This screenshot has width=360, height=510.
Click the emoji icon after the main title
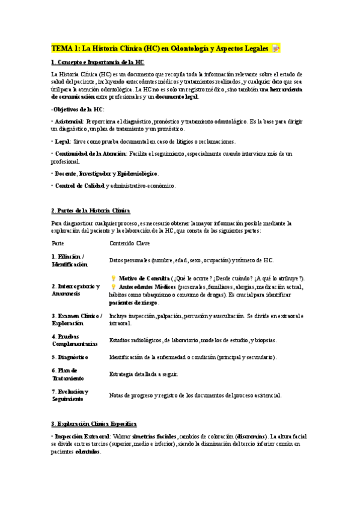click(276, 48)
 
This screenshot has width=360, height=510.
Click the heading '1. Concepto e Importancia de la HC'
click(97, 63)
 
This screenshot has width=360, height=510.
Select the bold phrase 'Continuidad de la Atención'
click(90, 154)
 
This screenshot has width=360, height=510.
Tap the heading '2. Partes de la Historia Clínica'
click(91, 210)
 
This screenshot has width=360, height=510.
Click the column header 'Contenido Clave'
click(129, 243)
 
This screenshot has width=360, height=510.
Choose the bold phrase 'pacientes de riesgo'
click(133, 303)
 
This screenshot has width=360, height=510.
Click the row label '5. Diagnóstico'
click(70, 357)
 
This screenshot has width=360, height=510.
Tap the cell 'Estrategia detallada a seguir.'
click(143, 374)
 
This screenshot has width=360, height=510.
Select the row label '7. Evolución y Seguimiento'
click(70, 395)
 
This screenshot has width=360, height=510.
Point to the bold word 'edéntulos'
click(88, 452)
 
